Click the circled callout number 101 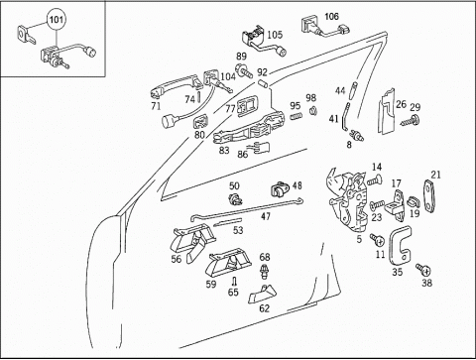pyautogui.click(x=56, y=20)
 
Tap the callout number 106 pyautogui.click(x=331, y=16)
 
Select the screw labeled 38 pyautogui.click(x=423, y=270)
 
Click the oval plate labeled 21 pyautogui.click(x=428, y=195)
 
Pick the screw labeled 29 pyautogui.click(x=410, y=121)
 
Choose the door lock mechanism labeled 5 pyautogui.click(x=349, y=200)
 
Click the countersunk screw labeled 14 pyautogui.click(x=375, y=180)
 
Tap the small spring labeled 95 pyautogui.click(x=297, y=116)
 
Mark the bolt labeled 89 pyautogui.click(x=244, y=69)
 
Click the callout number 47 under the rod pyautogui.click(x=266, y=216)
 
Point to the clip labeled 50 pyautogui.click(x=235, y=198)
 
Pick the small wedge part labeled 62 pyautogui.click(x=262, y=294)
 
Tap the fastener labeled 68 pyautogui.click(x=265, y=271)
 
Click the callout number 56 pyautogui.click(x=177, y=259)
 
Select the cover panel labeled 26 pyautogui.click(x=387, y=112)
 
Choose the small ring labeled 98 pyautogui.click(x=312, y=110)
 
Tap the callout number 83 pyautogui.click(x=224, y=150)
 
